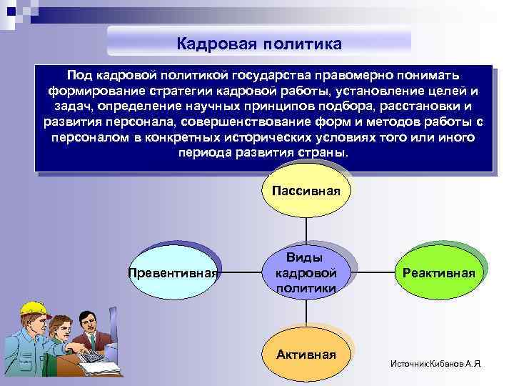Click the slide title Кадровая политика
point(259,44)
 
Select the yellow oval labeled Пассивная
point(306,191)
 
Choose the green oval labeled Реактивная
point(438,272)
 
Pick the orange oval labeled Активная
point(306,354)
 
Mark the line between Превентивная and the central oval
point(240,272)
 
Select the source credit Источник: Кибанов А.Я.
point(436,364)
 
